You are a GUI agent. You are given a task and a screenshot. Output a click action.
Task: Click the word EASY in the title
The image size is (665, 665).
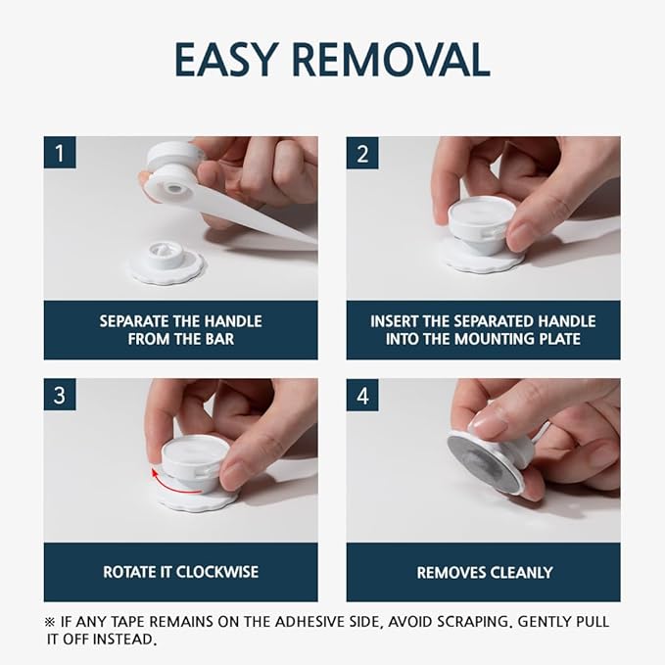[226, 59]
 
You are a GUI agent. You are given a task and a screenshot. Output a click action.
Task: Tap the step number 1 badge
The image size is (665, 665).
[60, 152]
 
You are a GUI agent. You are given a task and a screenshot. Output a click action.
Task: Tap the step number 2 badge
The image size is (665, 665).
[362, 152]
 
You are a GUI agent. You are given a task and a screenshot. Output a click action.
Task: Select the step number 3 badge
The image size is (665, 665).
[60, 395]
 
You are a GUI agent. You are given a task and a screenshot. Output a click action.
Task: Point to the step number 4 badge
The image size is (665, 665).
[362, 395]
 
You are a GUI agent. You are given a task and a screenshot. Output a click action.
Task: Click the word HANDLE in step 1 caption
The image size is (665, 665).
[234, 321]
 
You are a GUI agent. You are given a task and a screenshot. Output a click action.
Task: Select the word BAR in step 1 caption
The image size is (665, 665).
[218, 339]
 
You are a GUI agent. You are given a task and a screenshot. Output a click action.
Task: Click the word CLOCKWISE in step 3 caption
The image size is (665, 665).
[217, 572]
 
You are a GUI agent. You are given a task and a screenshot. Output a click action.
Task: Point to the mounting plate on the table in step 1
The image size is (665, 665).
[167, 262]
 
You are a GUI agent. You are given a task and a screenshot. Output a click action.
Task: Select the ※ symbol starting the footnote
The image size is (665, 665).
[50, 622]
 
